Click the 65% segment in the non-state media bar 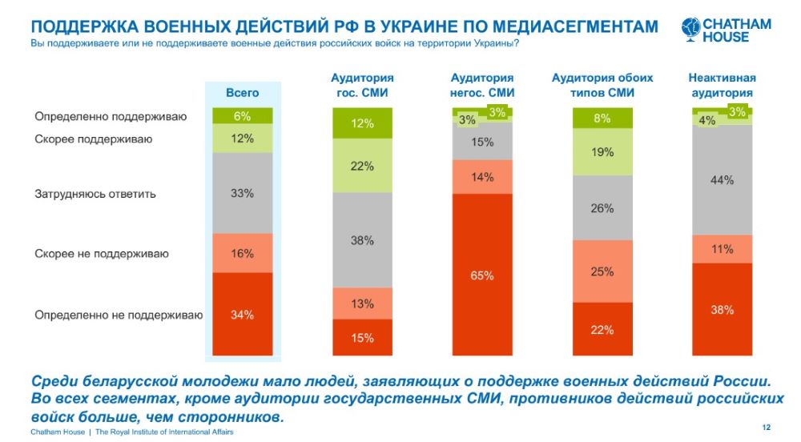482,275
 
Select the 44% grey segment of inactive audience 722,180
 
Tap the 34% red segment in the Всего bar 243,315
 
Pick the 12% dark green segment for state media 362,123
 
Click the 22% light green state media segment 362,166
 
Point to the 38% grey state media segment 362,240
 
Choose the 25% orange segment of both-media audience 602,271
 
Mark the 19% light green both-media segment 602,152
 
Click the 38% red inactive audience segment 722,309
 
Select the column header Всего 242,94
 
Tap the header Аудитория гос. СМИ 362,86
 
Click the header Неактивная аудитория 722,86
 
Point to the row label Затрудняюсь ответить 95,194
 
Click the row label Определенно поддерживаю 111,117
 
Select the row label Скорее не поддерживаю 101,254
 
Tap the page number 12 767,426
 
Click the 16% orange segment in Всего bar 243,253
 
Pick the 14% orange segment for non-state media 482,177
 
